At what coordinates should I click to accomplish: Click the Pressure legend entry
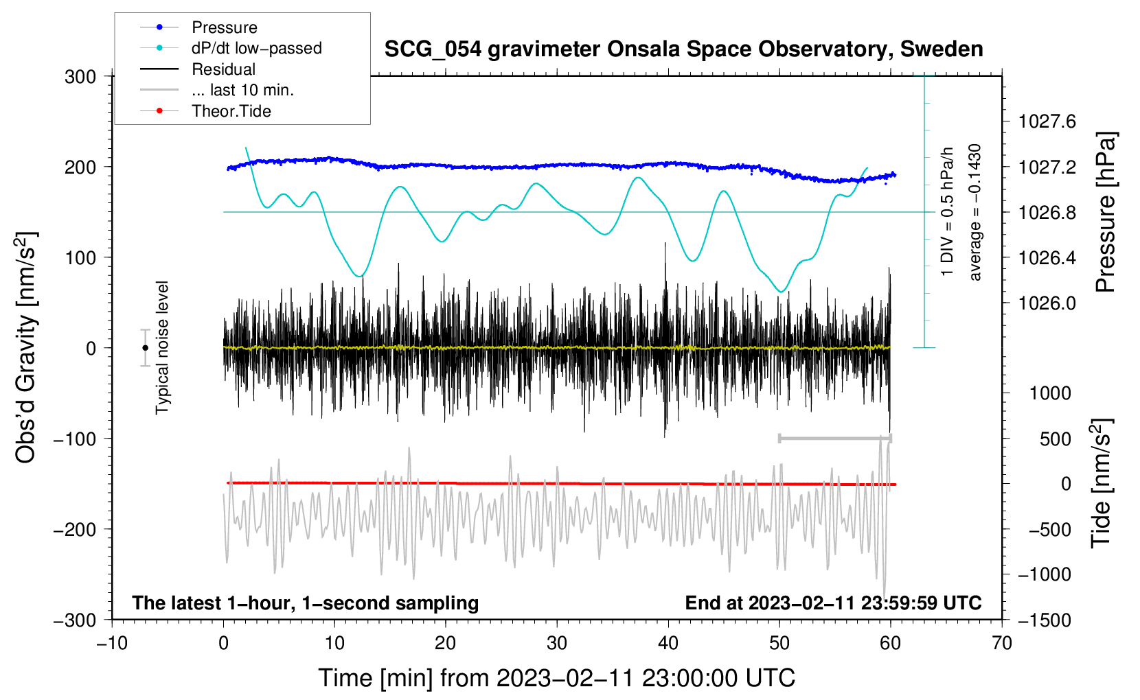pyautogui.click(x=224, y=27)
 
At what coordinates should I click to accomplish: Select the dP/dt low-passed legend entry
pyautogui.click(x=256, y=48)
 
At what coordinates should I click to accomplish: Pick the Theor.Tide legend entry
pyautogui.click(x=231, y=111)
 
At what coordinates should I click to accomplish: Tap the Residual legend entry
pyautogui.click(x=223, y=69)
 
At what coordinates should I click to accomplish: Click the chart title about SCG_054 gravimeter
pyautogui.click(x=683, y=49)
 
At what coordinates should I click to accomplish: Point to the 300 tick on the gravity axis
pyautogui.click(x=80, y=77)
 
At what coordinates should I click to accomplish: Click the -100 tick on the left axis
pyautogui.click(x=75, y=439)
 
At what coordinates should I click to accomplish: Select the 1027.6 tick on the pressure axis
pyautogui.click(x=1047, y=122)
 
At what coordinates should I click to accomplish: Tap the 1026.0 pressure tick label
pyautogui.click(x=1047, y=303)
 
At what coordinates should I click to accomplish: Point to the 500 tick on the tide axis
pyautogui.click(x=1055, y=439)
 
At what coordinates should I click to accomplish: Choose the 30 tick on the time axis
pyautogui.click(x=557, y=643)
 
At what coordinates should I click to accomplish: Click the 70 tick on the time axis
pyautogui.click(x=1002, y=643)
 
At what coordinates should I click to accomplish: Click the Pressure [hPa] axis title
pyautogui.click(x=1106, y=213)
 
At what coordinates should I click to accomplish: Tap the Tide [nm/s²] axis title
pyautogui.click(x=1102, y=484)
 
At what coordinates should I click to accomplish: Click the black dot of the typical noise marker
pyautogui.click(x=145, y=348)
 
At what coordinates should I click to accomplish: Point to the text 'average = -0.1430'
pyautogui.click(x=975, y=213)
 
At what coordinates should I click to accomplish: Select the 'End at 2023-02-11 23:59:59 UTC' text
pyautogui.click(x=833, y=603)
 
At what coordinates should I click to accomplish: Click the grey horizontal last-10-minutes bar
pyautogui.click(x=835, y=439)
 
